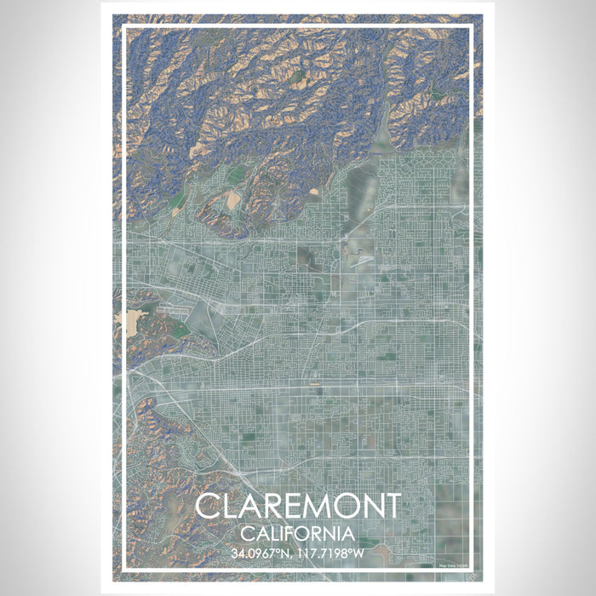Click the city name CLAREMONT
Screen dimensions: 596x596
pos(297,507)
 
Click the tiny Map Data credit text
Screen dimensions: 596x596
pos(453,563)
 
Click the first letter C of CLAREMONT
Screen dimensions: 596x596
pos(207,507)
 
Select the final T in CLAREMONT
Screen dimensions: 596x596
pos(391,507)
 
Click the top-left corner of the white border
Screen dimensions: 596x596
pos(123,27)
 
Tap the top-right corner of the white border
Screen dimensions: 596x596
pos(473,27)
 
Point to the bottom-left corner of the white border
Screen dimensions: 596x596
pos(123,571)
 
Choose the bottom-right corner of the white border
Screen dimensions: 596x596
pos(473,571)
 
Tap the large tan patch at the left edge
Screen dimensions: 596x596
pos(136,321)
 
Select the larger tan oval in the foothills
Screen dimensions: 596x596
pos(232,200)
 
